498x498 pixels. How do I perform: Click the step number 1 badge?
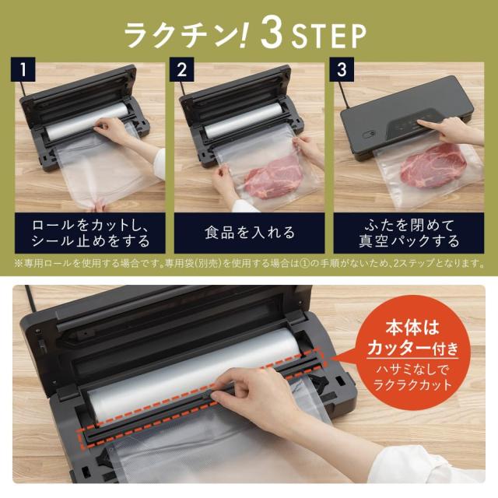(23, 69)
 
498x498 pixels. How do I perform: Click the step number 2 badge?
(181, 69)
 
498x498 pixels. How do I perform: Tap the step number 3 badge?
(342, 69)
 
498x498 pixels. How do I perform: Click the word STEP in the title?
(328, 36)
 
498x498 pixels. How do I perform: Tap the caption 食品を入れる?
(250, 233)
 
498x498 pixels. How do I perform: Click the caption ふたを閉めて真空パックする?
(409, 233)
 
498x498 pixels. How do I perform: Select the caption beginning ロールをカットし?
(90, 233)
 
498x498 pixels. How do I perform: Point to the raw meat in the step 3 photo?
(433, 166)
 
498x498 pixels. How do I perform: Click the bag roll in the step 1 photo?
(86, 118)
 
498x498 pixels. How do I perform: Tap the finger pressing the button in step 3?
(423, 123)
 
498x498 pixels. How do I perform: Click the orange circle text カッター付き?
(413, 349)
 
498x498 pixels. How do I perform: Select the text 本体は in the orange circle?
(412, 327)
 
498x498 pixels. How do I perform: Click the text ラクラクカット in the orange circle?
(412, 384)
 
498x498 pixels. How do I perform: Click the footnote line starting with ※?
(249, 263)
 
